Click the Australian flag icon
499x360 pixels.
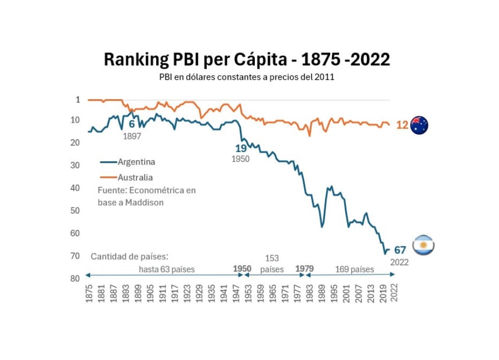419,125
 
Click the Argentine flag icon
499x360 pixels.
424,245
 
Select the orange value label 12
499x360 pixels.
402,125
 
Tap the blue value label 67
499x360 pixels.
400,250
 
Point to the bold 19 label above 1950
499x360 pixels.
241,148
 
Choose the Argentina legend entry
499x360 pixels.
136,161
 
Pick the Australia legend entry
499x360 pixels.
135,177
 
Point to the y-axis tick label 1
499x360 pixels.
78,100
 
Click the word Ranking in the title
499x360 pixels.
133,59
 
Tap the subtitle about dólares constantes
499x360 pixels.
246,77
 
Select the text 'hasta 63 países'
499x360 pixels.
167,269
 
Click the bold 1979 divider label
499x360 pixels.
305,269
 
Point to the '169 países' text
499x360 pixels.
354,269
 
